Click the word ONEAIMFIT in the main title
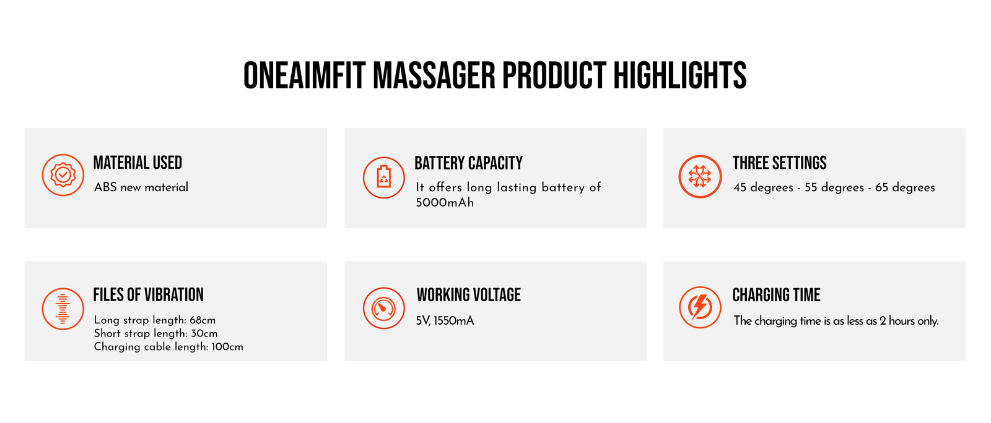(304, 75)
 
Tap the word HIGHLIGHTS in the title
(680, 75)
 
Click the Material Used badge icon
(63, 175)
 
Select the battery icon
(383, 177)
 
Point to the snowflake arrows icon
(700, 176)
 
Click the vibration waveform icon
(63, 309)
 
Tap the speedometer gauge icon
(383, 308)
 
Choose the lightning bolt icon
(700, 307)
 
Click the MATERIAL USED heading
(138, 163)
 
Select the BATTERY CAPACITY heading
(468, 163)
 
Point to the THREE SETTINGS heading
(780, 163)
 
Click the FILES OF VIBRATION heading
(148, 294)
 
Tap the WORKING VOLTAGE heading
(468, 294)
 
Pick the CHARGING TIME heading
(777, 294)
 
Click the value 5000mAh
(445, 203)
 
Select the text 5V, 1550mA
(445, 321)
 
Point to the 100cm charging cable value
(227, 346)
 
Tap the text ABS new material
(141, 187)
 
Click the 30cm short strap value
(204, 333)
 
